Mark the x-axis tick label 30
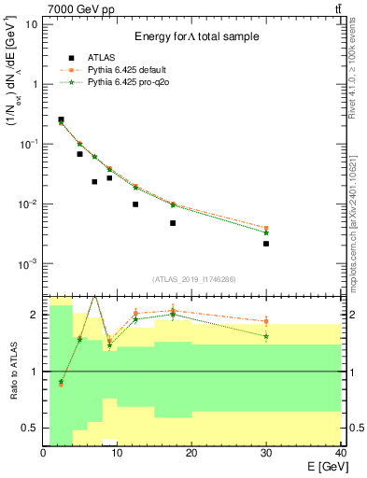pyautogui.click(x=265, y=454)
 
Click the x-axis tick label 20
pyautogui.click(x=191, y=454)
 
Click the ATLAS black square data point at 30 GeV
pyautogui.click(x=266, y=244)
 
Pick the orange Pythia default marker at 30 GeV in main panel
pyautogui.click(x=266, y=228)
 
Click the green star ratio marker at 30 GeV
pyautogui.click(x=266, y=336)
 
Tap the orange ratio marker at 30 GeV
pyautogui.click(x=266, y=321)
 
